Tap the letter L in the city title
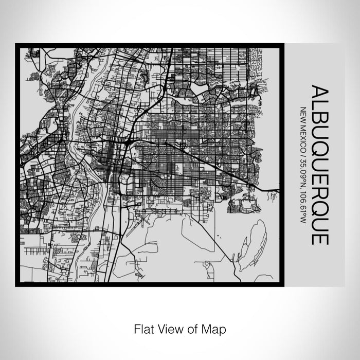[x=319, y=106]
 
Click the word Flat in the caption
[x=144, y=328]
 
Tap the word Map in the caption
[x=216, y=328]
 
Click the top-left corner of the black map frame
[x=16, y=44]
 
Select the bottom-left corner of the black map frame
[x=16, y=285]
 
